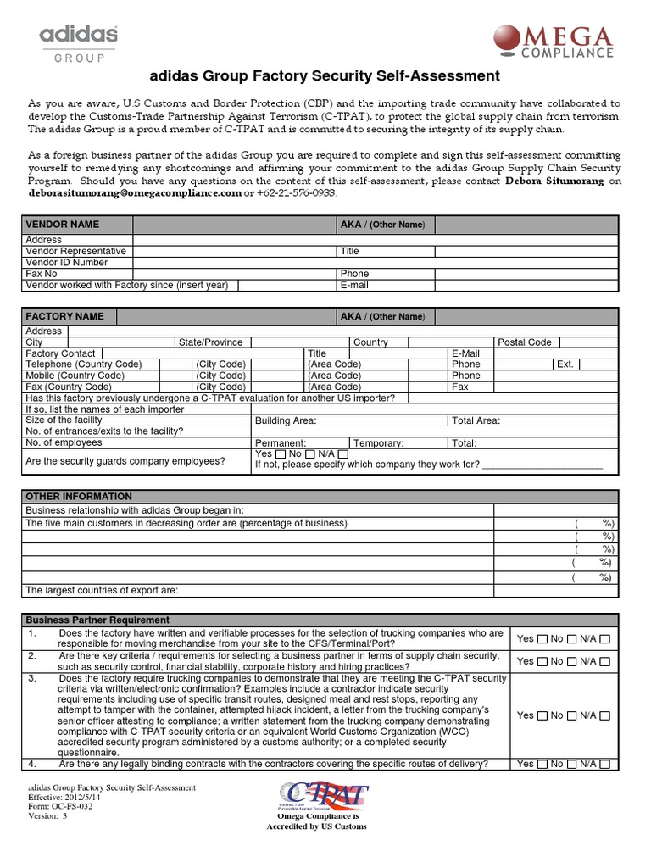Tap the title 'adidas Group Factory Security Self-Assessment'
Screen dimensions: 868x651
[325, 76]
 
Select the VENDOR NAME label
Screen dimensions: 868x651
[63, 225]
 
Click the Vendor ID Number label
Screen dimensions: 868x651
[67, 263]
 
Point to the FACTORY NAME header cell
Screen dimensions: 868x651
[65, 316]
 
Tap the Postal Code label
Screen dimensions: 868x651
[525, 342]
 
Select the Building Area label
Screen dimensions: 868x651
[286, 420]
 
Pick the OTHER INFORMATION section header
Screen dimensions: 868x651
[79, 497]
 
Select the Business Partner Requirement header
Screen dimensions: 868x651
[97, 620]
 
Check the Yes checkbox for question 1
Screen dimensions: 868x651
[542, 638]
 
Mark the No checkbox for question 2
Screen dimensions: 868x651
[572, 661]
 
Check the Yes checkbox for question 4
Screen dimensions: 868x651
[542, 765]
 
